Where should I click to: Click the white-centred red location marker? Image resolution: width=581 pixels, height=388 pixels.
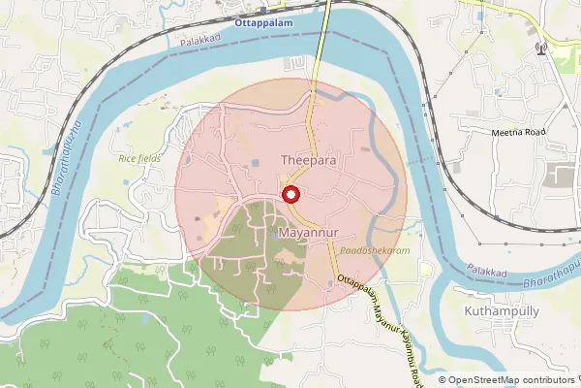(290, 194)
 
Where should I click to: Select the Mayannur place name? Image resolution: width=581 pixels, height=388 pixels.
(307, 234)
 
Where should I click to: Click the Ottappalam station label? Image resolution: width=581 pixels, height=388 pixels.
(263, 19)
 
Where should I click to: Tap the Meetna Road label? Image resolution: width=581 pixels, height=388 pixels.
(518, 132)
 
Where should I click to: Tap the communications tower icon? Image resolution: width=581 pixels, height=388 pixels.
(540, 48)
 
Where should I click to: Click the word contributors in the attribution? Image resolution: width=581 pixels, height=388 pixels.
(550, 380)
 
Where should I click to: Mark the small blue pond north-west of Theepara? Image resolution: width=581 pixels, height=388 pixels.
(255, 161)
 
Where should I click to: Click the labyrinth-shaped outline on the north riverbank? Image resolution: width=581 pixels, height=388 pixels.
(291, 62)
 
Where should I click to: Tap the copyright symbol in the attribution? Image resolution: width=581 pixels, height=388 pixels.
(443, 380)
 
